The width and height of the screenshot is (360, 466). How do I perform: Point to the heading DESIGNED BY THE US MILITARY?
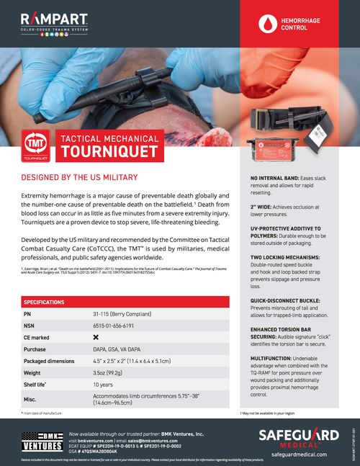pyautogui.click(x=78, y=177)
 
